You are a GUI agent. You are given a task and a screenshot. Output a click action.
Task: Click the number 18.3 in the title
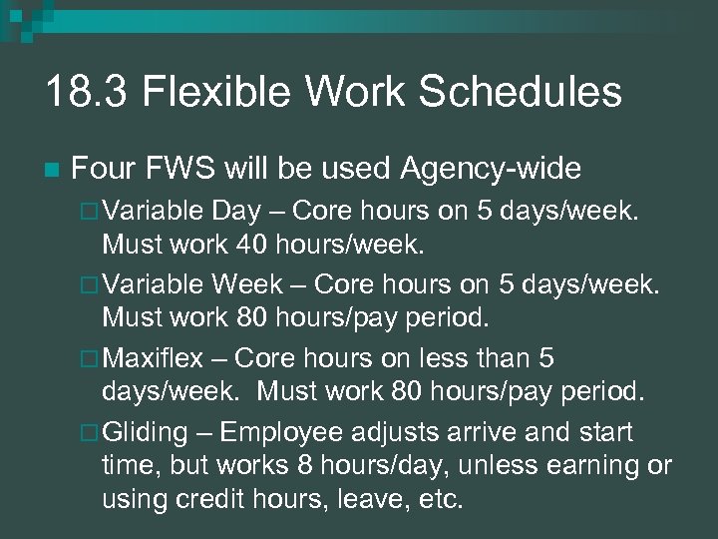point(87,93)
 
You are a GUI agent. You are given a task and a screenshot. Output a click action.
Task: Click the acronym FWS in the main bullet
point(189,170)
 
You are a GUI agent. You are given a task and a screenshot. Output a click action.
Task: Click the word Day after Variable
point(234,212)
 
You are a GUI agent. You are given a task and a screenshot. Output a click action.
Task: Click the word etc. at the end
point(440,498)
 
